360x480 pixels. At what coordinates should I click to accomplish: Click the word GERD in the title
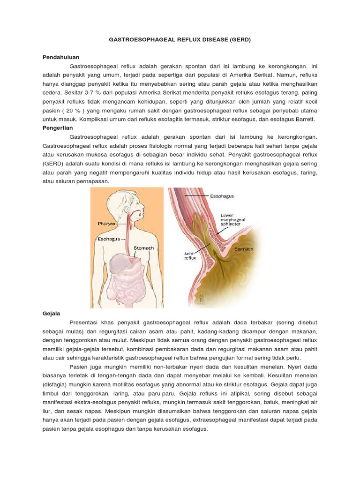point(240,40)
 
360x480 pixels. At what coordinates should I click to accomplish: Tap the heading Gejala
point(50,312)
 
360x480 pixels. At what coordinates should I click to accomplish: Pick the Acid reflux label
point(190,255)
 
